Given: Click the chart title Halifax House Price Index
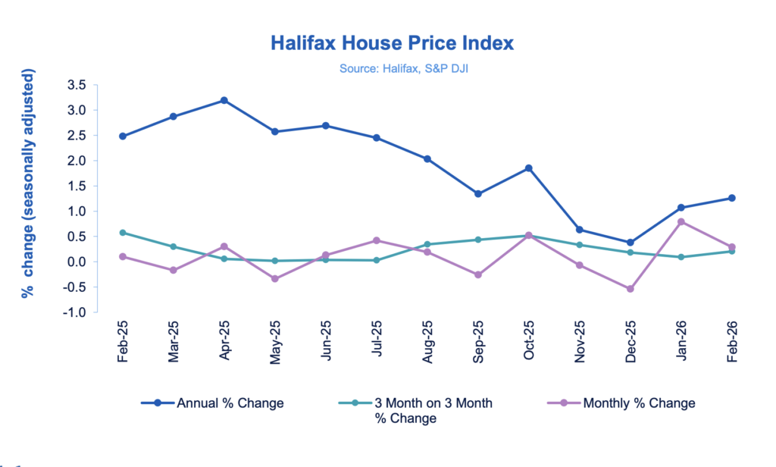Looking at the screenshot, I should click(x=392, y=42).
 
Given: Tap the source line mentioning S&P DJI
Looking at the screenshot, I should click(x=392, y=69).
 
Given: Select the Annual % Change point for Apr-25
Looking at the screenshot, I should click(x=224, y=100).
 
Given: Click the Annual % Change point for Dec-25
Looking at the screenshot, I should click(x=630, y=243).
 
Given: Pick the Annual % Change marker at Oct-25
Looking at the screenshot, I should click(x=528, y=168).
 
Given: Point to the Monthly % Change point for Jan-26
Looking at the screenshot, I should click(x=681, y=221).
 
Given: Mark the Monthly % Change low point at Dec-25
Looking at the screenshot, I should click(x=630, y=289).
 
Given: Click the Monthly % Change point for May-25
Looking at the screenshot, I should click(x=275, y=279).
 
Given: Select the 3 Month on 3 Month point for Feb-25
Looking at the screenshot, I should click(x=123, y=233).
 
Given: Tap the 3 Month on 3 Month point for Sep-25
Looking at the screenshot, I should click(x=477, y=240).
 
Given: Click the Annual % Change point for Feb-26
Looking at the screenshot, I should click(x=731, y=198).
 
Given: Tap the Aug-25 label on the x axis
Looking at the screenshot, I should click(x=427, y=343).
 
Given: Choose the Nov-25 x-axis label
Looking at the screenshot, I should click(x=580, y=343).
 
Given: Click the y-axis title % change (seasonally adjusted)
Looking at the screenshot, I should click(x=28, y=183).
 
